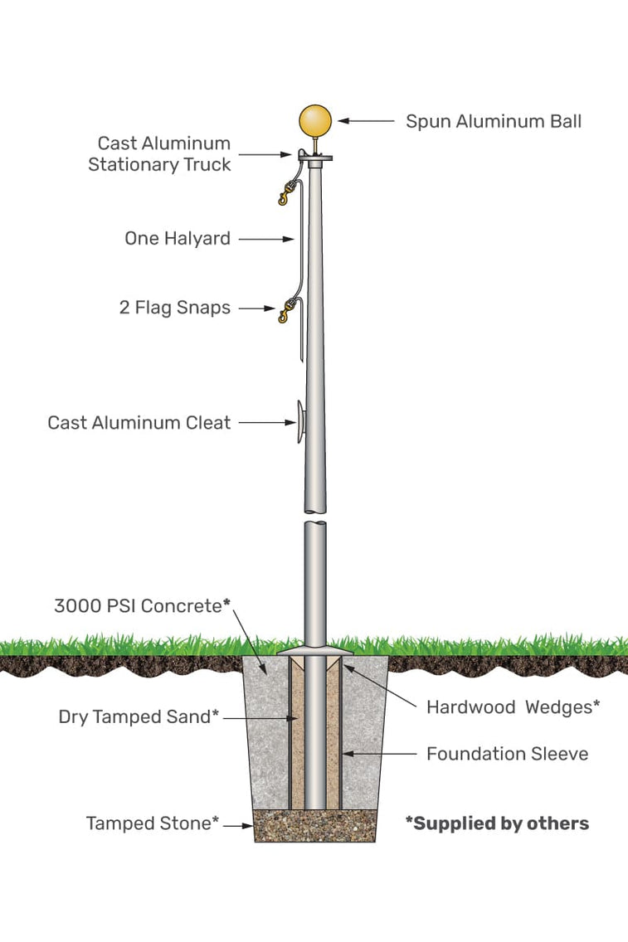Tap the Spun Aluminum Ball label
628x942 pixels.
(493, 121)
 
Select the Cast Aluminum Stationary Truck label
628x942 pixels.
(160, 154)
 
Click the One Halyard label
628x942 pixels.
(178, 239)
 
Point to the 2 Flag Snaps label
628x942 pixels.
(174, 308)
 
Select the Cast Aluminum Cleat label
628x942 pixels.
(139, 423)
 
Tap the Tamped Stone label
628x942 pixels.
(153, 823)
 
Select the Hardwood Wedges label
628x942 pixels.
(513, 706)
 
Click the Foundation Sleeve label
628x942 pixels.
(507, 754)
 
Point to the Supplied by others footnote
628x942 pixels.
(497, 823)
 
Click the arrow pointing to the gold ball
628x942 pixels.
(365, 121)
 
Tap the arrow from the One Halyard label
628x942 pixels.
(265, 239)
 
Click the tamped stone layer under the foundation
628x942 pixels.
(314, 826)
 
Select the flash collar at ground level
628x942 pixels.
(314, 653)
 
